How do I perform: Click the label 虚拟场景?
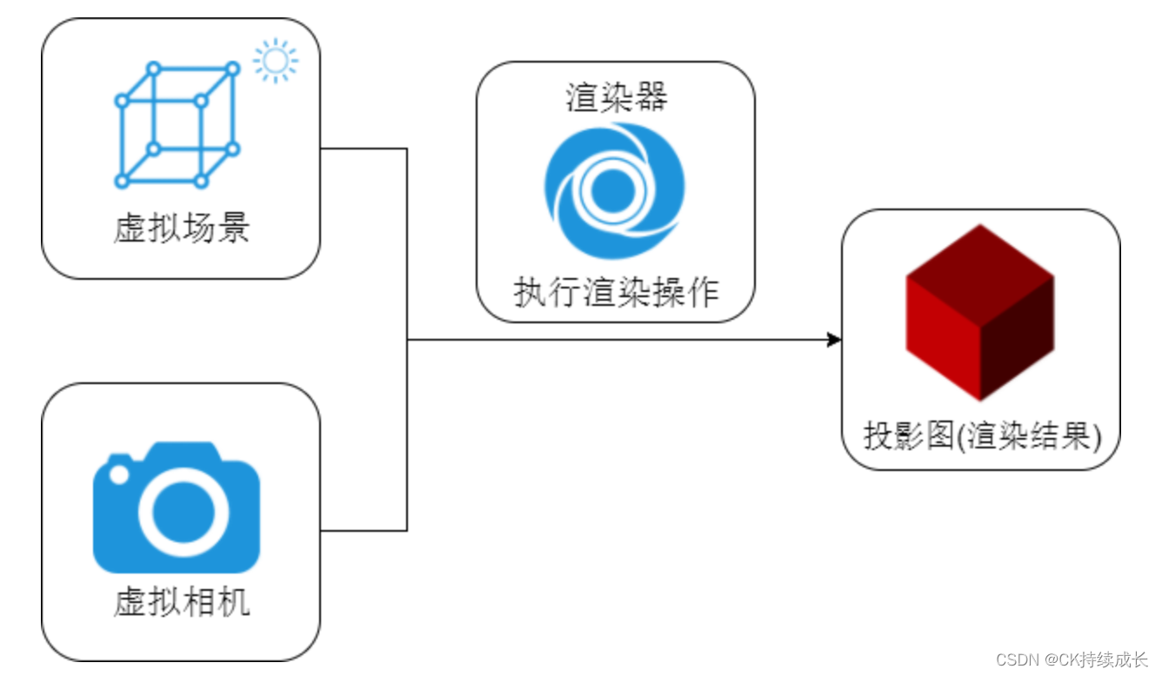coord(181,229)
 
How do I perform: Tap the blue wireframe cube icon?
coord(177,124)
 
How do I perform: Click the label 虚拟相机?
coord(181,602)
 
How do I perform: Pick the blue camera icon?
coord(177,508)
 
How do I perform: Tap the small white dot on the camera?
coord(118,475)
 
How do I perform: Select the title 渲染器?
coord(616,97)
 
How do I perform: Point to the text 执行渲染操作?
coord(616,294)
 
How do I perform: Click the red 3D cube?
coord(980,313)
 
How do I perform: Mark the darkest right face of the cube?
coord(1018,343)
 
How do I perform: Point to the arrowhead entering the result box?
coord(834,340)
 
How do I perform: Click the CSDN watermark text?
coord(1072,659)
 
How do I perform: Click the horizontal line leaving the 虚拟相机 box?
coord(364,530)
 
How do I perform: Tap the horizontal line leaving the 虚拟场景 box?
coord(364,149)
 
